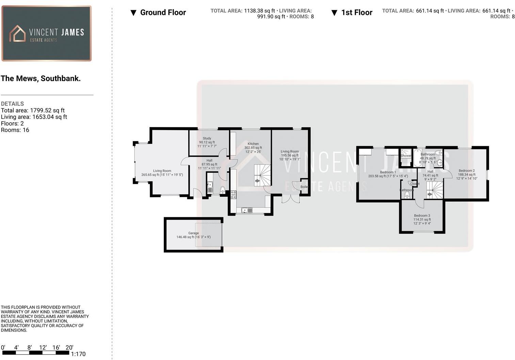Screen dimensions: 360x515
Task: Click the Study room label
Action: [x=207, y=139]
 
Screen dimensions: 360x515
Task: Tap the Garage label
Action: [x=193, y=233]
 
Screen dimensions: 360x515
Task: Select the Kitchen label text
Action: [x=253, y=144]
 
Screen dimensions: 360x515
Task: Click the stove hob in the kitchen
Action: [x=233, y=194]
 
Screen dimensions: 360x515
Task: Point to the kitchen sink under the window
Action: [x=247, y=210]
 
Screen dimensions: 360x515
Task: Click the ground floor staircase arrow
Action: [x=257, y=181]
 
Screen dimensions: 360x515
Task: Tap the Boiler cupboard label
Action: [x=304, y=187]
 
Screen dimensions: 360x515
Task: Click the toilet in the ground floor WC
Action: [x=223, y=190]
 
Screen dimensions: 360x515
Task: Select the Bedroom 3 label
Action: [x=422, y=216]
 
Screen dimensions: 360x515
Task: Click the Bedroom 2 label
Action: [x=466, y=171]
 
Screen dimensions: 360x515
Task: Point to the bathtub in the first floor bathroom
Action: [x=417, y=158]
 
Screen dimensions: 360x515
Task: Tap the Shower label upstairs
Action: [x=406, y=156]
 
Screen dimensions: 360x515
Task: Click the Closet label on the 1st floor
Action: [x=415, y=184]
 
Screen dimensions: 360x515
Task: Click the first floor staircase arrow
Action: [x=430, y=194]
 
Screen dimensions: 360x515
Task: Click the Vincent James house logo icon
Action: [x=17, y=33]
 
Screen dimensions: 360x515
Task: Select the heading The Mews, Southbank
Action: [x=41, y=78]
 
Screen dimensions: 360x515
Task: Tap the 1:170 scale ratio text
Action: [x=78, y=354]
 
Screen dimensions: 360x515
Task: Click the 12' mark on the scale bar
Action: [x=43, y=347]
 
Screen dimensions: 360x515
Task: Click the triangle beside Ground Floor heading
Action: [x=133, y=13]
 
